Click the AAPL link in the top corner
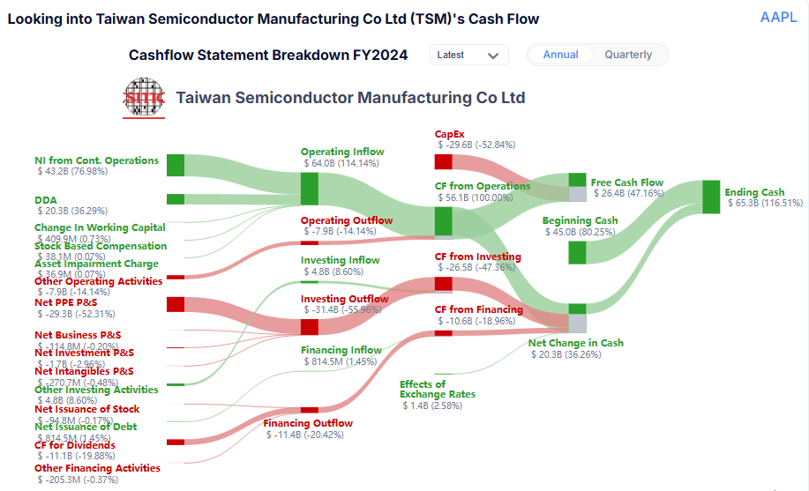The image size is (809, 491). click(x=778, y=18)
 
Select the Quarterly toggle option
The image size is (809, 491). click(x=628, y=55)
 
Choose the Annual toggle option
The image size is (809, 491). click(x=561, y=55)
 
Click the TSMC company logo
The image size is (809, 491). click(x=143, y=98)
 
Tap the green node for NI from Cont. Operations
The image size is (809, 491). click(x=176, y=165)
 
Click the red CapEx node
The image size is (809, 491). click(x=443, y=162)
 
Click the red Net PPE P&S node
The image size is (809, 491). click(x=176, y=304)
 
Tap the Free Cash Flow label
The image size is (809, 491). click(x=626, y=182)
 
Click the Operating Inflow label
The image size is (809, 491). click(x=342, y=152)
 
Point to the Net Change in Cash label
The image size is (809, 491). click(x=575, y=343)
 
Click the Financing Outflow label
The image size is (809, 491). click(x=308, y=423)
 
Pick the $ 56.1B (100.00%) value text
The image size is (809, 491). click(x=475, y=198)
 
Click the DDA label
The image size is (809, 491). click(x=46, y=200)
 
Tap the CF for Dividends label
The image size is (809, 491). click(x=75, y=445)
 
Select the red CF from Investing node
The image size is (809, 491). click(x=443, y=284)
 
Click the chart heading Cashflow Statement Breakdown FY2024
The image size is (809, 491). click(x=268, y=55)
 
